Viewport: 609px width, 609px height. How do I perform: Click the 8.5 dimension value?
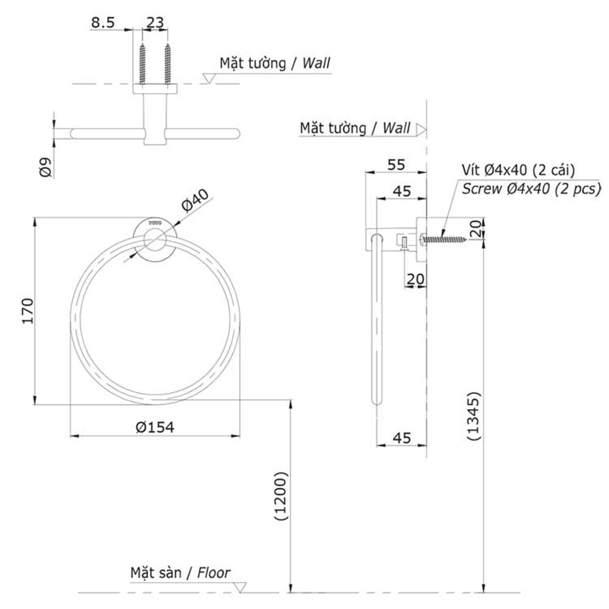click(x=103, y=23)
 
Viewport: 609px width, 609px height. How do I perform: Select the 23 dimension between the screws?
click(x=155, y=23)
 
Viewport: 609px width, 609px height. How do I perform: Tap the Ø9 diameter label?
click(x=46, y=167)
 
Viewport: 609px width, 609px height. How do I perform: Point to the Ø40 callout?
click(x=195, y=200)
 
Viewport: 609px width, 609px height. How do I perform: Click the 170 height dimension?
click(x=28, y=311)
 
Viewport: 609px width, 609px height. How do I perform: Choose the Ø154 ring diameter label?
click(x=155, y=428)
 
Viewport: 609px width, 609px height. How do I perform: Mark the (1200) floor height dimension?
click(x=280, y=496)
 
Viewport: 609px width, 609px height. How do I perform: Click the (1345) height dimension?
click(x=474, y=416)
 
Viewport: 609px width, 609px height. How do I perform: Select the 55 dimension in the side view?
click(x=396, y=164)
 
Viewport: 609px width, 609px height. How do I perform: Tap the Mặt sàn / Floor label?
click(x=180, y=573)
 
